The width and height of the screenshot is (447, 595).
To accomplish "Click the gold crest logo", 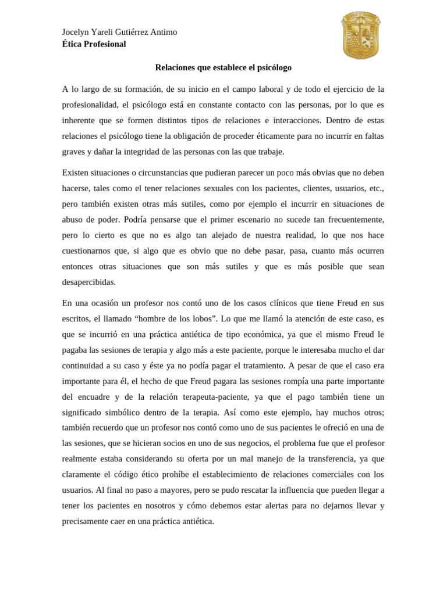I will click(360, 35).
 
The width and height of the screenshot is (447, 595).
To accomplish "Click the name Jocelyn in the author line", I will click(77, 32).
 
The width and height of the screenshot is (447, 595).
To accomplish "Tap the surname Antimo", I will click(164, 32).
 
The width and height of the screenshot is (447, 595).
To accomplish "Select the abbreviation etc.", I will click(376, 188).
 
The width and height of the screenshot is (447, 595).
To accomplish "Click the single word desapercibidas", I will click(89, 282).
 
